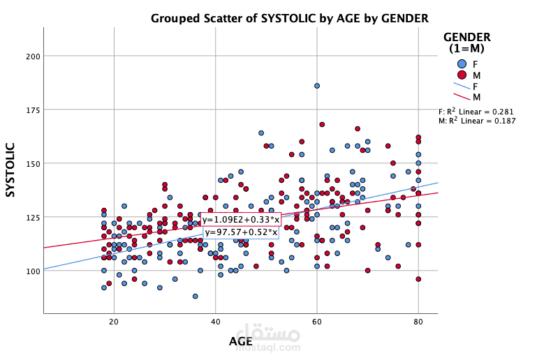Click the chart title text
click(x=289, y=17)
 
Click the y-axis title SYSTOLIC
click(x=11, y=170)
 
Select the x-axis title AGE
click(x=241, y=341)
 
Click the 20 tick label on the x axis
click(x=114, y=321)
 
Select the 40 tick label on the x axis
click(x=215, y=321)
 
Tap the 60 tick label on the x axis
click(x=316, y=321)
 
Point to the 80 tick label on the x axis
click(x=418, y=321)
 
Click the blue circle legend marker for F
click(x=462, y=63)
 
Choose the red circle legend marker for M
click(x=462, y=75)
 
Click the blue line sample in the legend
click(x=462, y=86)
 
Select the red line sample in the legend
click(x=462, y=96)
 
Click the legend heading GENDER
click(x=467, y=37)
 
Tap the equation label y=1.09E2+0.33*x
click(x=241, y=220)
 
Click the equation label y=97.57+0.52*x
click(x=241, y=232)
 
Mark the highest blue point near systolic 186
click(x=316, y=86)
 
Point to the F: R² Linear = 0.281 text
click(x=477, y=111)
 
